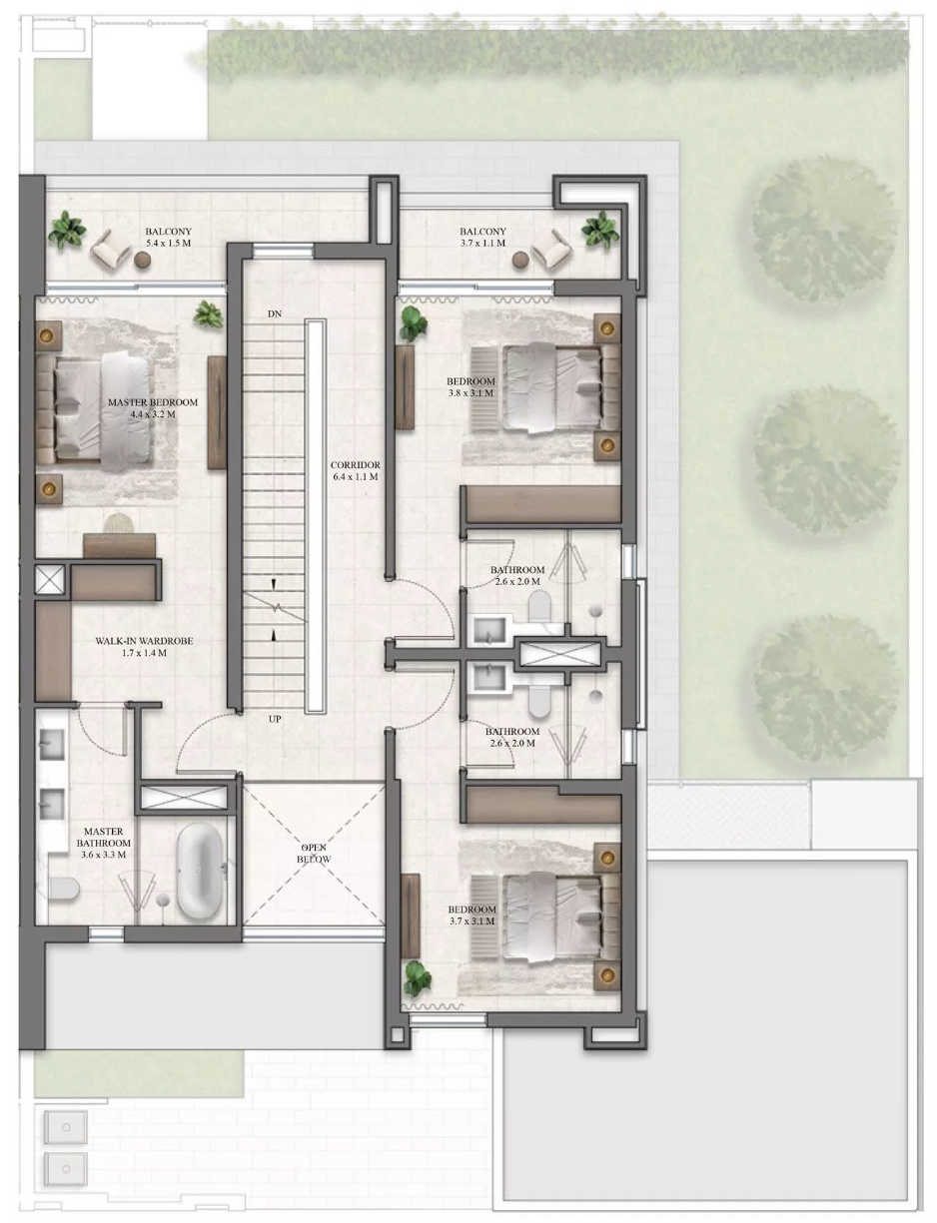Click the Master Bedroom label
(153, 402)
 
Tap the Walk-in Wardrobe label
(144, 641)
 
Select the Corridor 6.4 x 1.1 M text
(355, 471)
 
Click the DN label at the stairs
(275, 314)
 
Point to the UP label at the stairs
(275, 719)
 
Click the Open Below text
(314, 854)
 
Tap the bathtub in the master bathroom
(199, 872)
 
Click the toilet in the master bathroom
(63, 889)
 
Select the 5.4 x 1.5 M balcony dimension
(169, 244)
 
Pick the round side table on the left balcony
(143, 260)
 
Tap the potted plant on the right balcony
(600, 229)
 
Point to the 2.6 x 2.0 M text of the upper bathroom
(517, 582)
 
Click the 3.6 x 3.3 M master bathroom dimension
(104, 855)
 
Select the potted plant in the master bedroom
(209, 314)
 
